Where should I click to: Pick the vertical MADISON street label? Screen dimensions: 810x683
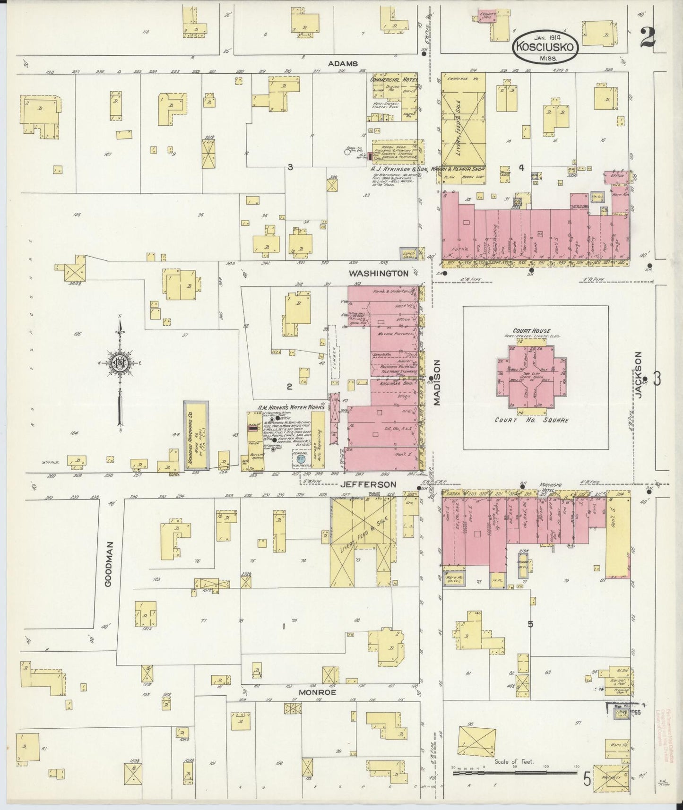coord(437,382)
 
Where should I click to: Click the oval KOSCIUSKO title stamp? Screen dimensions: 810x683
coord(546,47)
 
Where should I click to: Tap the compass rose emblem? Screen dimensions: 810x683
coord(119,362)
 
